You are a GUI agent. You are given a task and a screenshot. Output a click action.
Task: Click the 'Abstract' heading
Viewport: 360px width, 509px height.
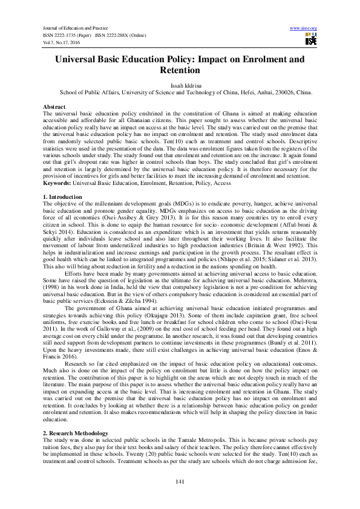tap(55, 106)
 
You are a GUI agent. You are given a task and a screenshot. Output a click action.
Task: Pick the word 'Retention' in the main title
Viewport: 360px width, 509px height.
tap(180, 71)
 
